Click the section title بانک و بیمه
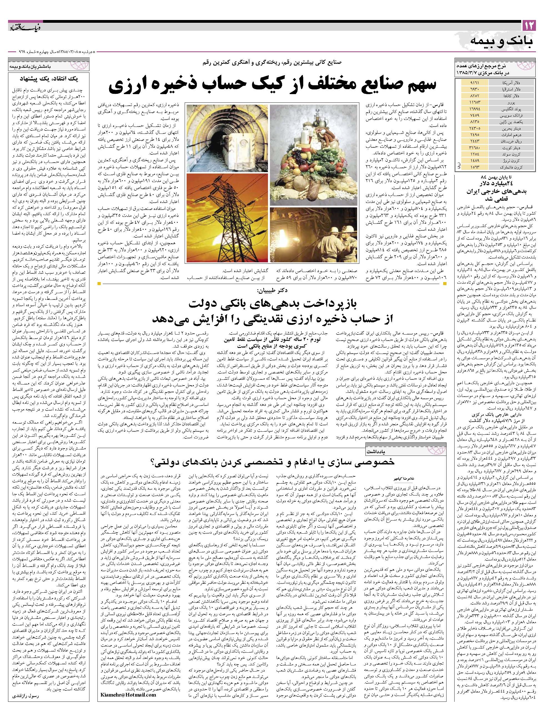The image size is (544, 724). [502, 41]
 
